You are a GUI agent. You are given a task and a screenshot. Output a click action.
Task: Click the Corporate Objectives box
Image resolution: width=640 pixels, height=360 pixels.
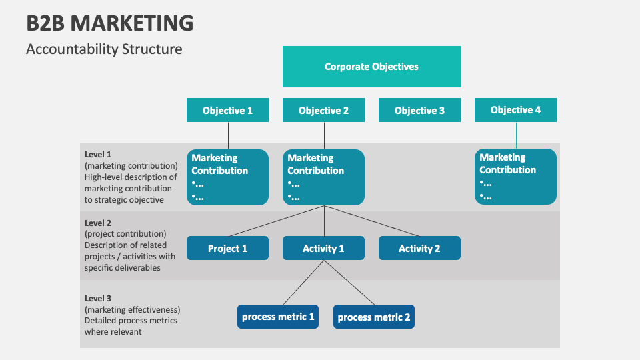[x=371, y=67]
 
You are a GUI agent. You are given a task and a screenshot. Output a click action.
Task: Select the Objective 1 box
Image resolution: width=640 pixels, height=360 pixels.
[x=227, y=111]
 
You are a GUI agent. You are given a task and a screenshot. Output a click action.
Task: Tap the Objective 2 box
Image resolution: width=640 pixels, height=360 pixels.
[x=323, y=111]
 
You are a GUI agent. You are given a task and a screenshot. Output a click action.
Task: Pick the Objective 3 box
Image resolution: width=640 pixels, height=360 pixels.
[x=419, y=111]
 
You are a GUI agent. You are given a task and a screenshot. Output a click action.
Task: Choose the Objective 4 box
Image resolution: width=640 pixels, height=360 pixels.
[x=515, y=110]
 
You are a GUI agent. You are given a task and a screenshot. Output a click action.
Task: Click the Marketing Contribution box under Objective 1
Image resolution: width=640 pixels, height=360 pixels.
[x=227, y=177]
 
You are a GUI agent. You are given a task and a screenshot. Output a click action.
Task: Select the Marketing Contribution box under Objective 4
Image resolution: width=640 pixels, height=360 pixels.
[x=515, y=176]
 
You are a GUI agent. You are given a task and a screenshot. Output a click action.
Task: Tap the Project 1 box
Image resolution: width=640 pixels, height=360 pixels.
[x=227, y=248]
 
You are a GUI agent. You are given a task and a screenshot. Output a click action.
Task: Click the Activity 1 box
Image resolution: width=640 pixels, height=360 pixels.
[x=323, y=248]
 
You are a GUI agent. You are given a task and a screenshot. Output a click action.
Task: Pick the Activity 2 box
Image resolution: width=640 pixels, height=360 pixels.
[x=419, y=248]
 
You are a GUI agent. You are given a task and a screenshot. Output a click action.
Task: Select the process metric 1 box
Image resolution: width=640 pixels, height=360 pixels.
[x=278, y=317]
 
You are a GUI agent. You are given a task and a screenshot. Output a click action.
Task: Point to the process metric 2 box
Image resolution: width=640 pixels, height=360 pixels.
[x=374, y=317]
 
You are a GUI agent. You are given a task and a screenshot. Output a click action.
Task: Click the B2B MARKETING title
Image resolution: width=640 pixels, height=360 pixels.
[x=110, y=23]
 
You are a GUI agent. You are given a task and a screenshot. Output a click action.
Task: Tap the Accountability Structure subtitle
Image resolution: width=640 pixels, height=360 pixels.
[x=104, y=49]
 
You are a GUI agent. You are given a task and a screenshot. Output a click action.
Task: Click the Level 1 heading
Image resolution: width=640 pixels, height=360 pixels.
[x=98, y=154]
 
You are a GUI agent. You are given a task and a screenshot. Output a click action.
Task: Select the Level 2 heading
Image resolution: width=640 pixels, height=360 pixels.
[x=98, y=223]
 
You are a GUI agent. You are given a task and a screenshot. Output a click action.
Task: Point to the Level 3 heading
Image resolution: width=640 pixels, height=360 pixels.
[x=98, y=298]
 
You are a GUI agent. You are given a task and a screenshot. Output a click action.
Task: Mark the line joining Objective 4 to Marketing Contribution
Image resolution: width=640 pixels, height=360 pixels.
[x=515, y=135]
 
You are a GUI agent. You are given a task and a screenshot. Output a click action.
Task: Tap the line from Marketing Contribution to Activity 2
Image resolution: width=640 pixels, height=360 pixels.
[x=372, y=221]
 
